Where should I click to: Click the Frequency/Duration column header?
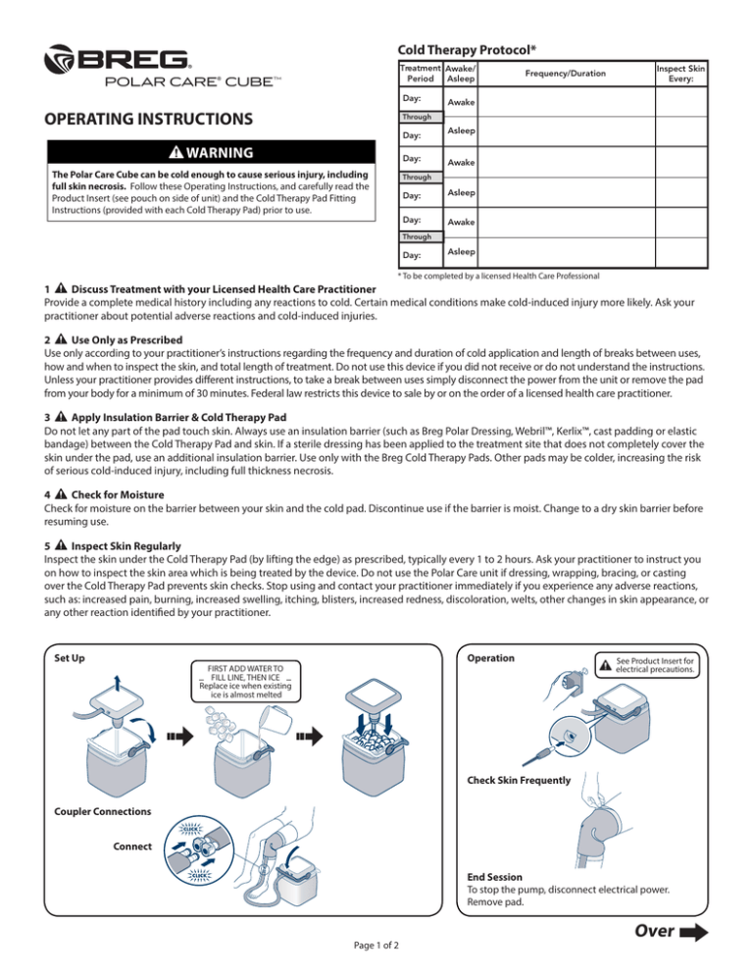pos(565,74)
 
